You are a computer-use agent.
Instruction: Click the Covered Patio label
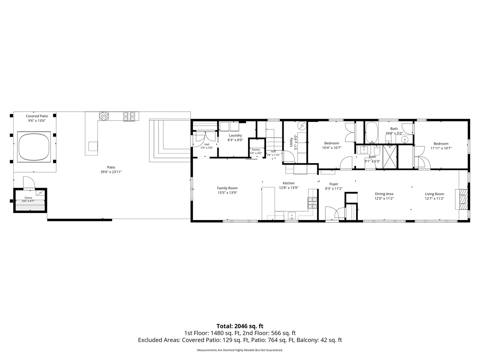[x=37, y=118]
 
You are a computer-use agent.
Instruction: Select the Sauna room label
[x=28, y=199]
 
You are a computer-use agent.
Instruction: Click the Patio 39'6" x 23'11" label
[x=111, y=170]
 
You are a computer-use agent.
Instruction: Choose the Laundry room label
[x=235, y=138]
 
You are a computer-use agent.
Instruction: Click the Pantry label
[x=256, y=151]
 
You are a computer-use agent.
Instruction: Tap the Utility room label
[x=293, y=143]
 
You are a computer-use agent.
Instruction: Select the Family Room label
[x=227, y=190]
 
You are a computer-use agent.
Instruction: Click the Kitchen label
[x=289, y=185]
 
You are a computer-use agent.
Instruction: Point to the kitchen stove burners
[x=312, y=203]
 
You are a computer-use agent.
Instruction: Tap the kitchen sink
[x=292, y=216]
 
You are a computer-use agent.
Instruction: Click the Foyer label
[x=334, y=186]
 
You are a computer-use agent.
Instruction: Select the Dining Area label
[x=384, y=196]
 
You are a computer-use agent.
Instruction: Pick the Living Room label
[x=434, y=196]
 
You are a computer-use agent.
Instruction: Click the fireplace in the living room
[x=463, y=199]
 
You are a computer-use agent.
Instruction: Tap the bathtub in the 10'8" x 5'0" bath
[x=371, y=132]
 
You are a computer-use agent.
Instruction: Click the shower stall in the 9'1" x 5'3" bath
[x=389, y=157]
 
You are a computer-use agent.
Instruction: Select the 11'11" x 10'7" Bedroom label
[x=441, y=146]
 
